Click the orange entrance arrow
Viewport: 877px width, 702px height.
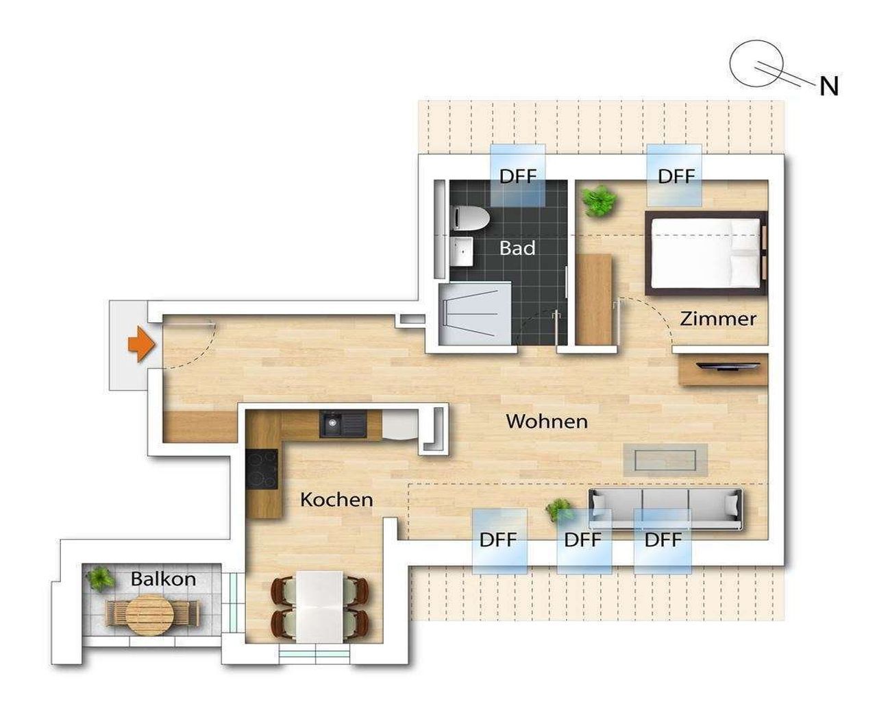click(140, 344)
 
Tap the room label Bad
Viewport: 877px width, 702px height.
click(517, 247)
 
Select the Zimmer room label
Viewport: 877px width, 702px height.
click(718, 318)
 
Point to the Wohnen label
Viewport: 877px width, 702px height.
click(546, 421)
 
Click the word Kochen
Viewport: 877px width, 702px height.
click(336, 500)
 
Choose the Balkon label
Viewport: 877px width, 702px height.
click(163, 579)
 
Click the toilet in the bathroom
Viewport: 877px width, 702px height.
click(471, 219)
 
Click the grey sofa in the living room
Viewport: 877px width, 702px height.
click(665, 508)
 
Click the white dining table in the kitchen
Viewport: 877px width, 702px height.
click(320, 607)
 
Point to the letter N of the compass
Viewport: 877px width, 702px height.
click(829, 86)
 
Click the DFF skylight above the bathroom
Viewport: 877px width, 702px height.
click(518, 176)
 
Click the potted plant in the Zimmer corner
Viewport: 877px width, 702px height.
click(598, 201)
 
